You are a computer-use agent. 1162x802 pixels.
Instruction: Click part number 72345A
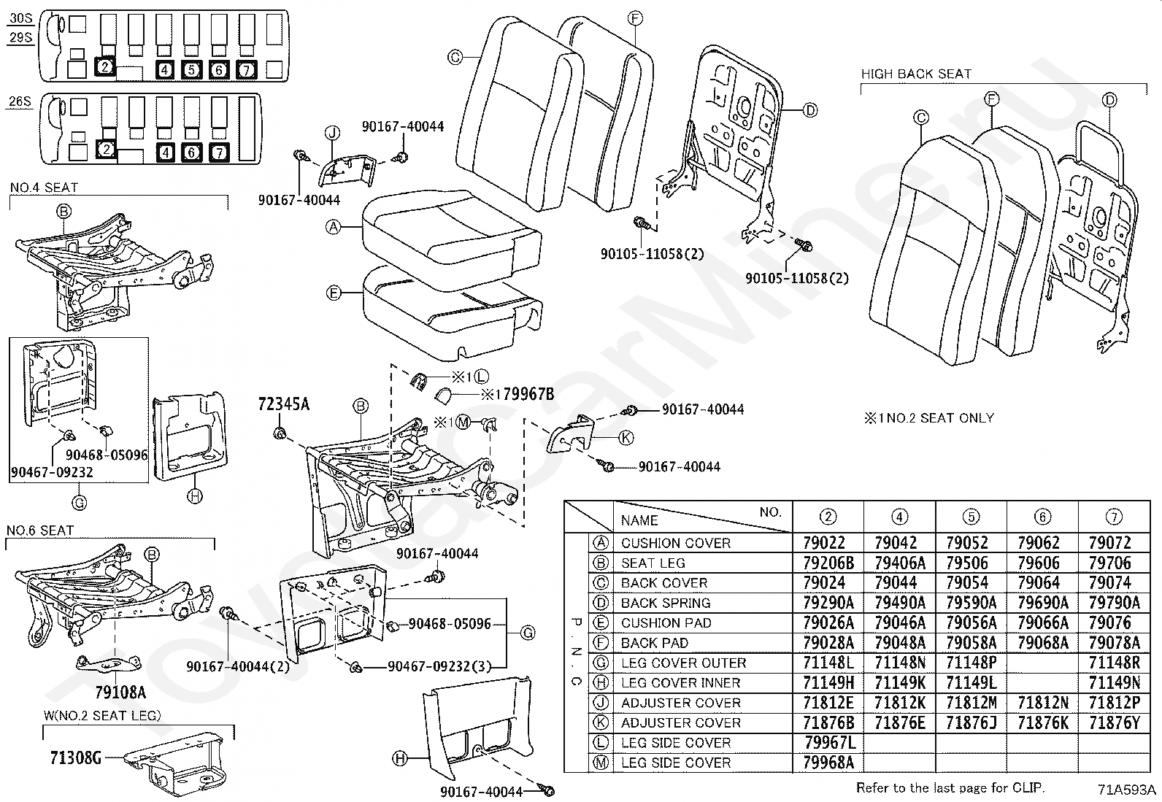284,404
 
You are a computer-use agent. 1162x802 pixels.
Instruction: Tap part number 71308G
76,758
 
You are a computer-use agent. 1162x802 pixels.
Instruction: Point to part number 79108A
120,692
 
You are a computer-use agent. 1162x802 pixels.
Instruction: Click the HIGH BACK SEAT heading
916,74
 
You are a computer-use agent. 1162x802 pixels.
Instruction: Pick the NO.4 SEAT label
44,188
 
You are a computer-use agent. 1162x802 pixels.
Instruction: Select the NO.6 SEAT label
40,531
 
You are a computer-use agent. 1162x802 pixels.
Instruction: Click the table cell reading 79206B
828,563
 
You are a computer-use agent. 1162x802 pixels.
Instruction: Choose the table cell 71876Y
1115,722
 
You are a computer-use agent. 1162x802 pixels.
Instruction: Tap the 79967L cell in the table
830,743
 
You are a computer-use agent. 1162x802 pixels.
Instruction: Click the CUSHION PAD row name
666,623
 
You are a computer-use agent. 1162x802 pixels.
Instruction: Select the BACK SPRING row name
666,603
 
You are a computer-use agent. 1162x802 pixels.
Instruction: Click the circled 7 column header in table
1114,517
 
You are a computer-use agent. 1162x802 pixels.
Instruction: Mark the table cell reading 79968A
828,763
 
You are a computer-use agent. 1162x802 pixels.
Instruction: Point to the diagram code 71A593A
1127,790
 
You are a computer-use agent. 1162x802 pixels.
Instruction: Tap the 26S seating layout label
20,101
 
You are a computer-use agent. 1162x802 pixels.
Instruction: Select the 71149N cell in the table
1115,683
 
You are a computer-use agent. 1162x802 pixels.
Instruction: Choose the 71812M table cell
971,703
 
